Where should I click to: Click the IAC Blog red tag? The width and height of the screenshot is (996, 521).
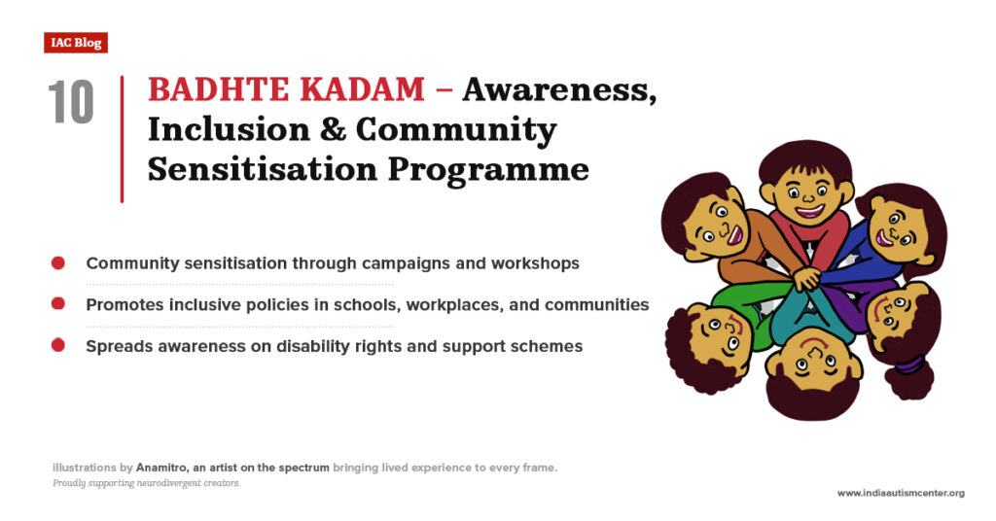[x=75, y=43]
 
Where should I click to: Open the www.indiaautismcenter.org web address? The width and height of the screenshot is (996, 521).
[x=901, y=493]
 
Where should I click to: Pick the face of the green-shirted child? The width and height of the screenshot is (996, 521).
[x=716, y=334]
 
